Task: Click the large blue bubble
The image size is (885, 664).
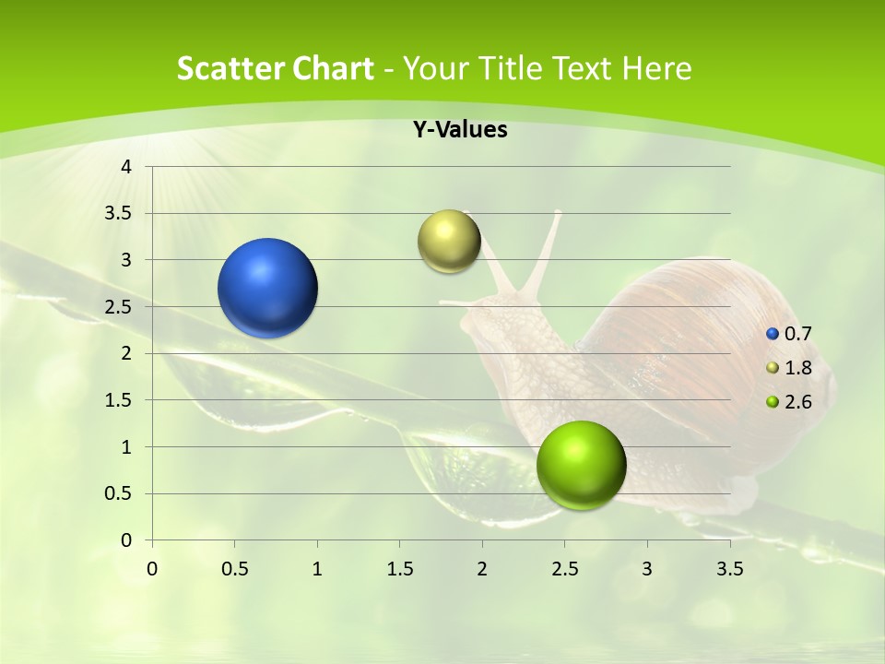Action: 267,288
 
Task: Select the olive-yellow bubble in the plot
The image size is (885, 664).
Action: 449,242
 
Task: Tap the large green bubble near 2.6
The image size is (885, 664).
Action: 581,465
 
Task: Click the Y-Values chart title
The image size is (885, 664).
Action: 459,130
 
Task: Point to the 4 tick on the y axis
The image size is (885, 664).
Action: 127,167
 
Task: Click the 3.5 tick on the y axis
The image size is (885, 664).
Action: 120,213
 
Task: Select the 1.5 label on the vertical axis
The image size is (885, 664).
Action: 120,400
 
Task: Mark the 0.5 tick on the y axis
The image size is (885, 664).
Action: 120,493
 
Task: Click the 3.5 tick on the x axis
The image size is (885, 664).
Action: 729,569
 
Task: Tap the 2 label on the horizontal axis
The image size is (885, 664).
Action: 482,569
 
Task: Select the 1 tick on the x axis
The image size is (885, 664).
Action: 317,569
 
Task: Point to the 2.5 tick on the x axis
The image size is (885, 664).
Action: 564,569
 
